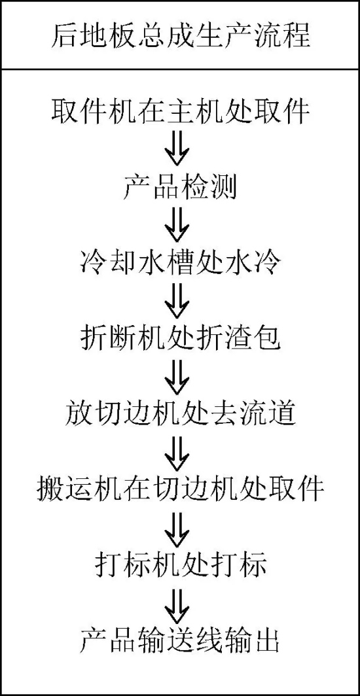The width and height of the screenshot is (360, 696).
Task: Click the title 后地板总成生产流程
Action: tap(180, 36)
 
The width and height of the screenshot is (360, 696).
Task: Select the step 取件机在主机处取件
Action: tap(180, 111)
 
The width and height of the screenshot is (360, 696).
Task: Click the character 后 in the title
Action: tap(64, 36)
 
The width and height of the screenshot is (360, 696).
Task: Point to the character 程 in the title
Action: tap(296, 36)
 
